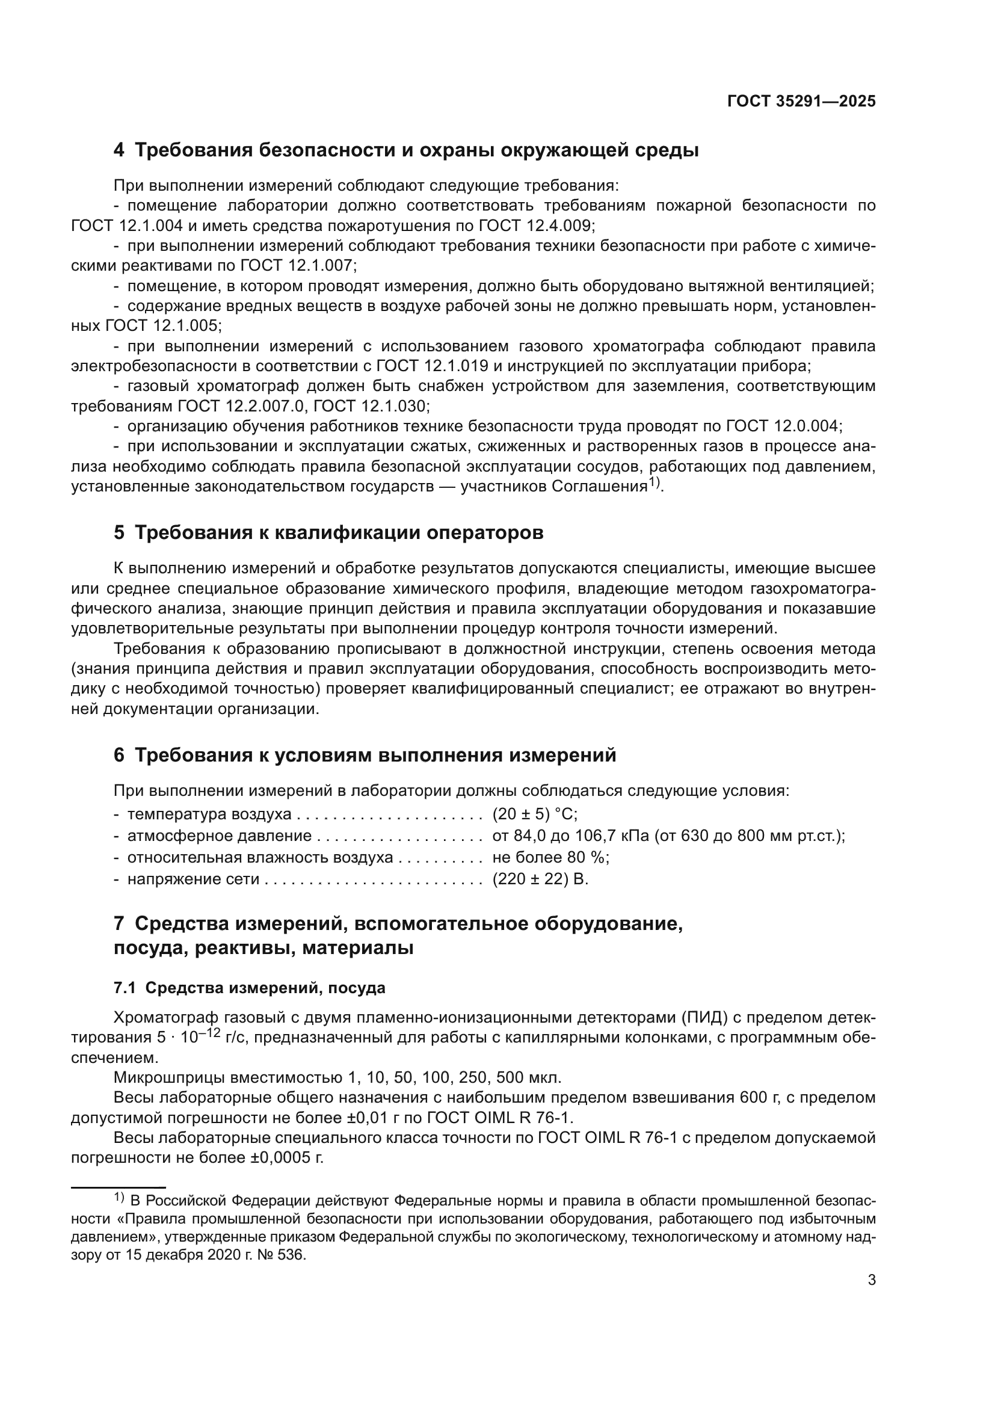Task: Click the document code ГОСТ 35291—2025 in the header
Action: (x=801, y=101)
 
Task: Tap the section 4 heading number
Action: (x=119, y=150)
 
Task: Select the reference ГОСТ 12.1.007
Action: (x=297, y=265)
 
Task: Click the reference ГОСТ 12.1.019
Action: (x=432, y=366)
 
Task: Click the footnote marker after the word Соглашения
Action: (x=654, y=483)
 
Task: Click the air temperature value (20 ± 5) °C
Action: (x=535, y=814)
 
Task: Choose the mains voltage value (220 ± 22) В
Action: (x=540, y=879)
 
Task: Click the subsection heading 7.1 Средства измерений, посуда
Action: (x=250, y=988)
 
